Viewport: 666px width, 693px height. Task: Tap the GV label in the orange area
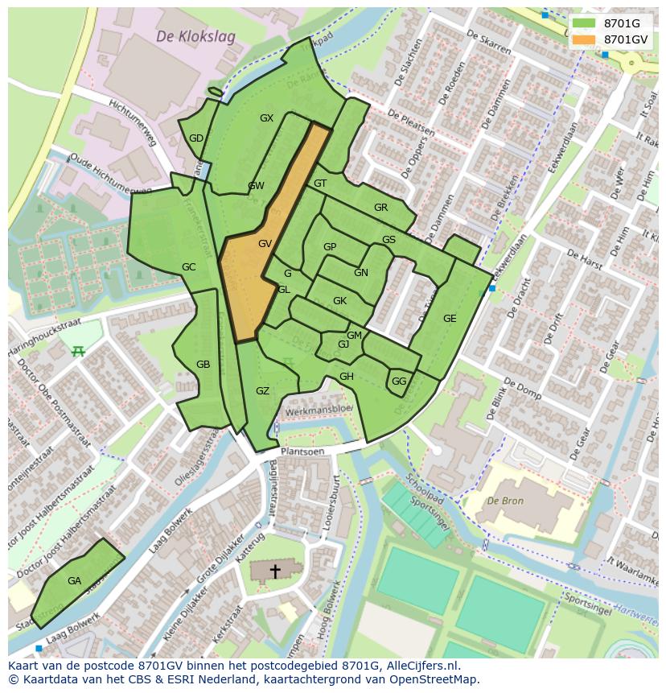pos(265,244)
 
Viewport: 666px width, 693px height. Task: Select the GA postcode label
pos(74,581)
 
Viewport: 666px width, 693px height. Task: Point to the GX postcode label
pos(266,118)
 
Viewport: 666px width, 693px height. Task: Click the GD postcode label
pos(196,138)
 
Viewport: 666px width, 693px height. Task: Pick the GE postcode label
pos(450,319)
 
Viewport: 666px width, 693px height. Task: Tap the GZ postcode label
pos(262,391)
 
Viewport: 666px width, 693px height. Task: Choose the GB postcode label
pos(203,365)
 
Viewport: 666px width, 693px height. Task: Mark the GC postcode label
pos(188,267)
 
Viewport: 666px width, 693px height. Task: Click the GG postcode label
pos(399,382)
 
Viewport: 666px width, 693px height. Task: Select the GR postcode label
pos(380,208)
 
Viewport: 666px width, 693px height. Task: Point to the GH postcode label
pos(346,377)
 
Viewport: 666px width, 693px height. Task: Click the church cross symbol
pos(275,571)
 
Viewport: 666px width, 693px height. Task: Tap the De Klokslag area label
pos(184,37)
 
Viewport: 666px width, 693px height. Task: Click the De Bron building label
pos(505,500)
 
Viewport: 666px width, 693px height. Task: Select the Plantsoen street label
pos(302,452)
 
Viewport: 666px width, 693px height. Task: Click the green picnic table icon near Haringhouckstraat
pos(78,351)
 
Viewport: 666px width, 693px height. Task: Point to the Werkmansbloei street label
pos(319,409)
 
